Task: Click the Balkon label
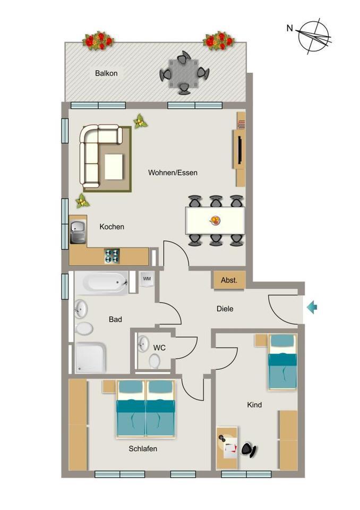click(106, 73)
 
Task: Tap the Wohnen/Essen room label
click(173, 173)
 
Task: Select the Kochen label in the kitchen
click(112, 227)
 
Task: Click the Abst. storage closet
click(229, 280)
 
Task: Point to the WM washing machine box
click(147, 279)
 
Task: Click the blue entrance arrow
click(312, 307)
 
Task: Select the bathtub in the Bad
click(101, 283)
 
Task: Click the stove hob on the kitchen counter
click(112, 256)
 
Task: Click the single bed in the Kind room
click(282, 361)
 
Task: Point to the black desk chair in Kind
click(248, 450)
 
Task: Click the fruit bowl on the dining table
click(215, 220)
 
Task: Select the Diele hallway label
click(225, 308)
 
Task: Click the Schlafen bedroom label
click(143, 449)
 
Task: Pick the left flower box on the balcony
click(98, 40)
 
